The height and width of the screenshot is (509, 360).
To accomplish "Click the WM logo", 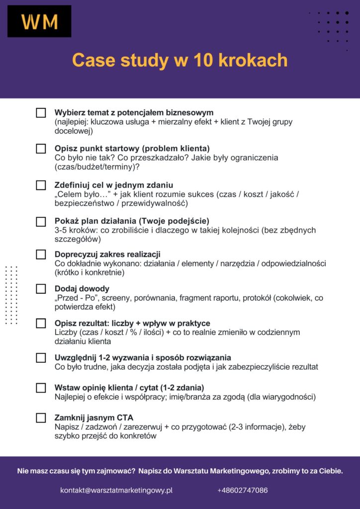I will tap(39, 21).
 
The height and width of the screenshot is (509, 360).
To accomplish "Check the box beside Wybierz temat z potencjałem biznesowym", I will tap(41, 113).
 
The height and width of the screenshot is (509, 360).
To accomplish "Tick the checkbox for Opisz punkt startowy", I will tap(41, 149).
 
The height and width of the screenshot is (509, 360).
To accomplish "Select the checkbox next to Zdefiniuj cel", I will tap(41, 185).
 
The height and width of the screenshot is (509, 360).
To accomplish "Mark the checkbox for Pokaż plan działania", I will tap(41, 222).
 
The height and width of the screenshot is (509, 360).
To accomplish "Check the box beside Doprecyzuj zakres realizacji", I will tap(41, 254).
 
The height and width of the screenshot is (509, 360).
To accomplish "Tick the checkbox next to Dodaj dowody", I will tap(41, 289).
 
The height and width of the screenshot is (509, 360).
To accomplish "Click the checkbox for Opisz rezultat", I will tap(41, 324).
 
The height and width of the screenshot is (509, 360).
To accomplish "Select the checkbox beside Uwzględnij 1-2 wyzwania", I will tap(41, 358).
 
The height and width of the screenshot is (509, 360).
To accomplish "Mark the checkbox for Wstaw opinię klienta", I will tap(41, 388).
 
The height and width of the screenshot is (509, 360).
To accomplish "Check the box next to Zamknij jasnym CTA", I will tap(41, 418).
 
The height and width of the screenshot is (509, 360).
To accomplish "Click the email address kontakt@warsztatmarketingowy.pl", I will tap(116, 490).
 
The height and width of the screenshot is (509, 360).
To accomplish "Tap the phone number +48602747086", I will tap(242, 490).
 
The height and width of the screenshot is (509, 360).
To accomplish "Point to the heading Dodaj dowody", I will tap(82, 289).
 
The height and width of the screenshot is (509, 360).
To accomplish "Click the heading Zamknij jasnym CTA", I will tap(94, 418).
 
